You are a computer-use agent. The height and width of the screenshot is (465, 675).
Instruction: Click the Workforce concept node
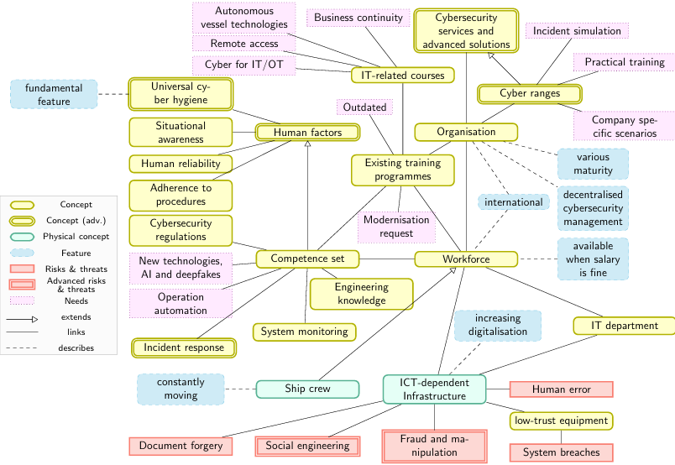(x=466, y=259)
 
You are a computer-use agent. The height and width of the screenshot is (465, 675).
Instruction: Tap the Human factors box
(x=307, y=132)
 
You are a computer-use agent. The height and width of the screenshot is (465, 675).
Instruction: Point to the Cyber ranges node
(x=530, y=93)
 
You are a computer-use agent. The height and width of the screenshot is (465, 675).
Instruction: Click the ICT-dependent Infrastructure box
(x=433, y=389)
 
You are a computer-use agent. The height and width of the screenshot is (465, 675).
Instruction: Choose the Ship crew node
(x=306, y=389)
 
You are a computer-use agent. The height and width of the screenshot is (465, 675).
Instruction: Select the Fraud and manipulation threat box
(x=434, y=446)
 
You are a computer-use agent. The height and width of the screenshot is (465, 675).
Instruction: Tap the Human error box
(x=561, y=389)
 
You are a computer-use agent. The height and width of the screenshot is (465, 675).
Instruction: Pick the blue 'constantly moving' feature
(x=181, y=389)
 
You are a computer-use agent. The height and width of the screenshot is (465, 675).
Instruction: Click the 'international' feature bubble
(x=513, y=202)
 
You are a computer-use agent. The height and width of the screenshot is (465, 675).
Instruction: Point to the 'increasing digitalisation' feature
(x=497, y=325)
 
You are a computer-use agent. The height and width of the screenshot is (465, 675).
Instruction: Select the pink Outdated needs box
(x=364, y=107)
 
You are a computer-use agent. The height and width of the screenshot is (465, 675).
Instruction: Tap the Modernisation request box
(x=396, y=227)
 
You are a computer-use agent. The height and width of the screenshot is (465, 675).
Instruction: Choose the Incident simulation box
(x=577, y=31)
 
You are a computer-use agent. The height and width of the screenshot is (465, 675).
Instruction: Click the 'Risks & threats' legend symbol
(x=22, y=269)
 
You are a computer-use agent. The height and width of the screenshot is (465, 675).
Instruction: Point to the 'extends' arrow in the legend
(x=22, y=318)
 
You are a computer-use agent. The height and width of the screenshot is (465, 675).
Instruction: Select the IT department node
(x=625, y=325)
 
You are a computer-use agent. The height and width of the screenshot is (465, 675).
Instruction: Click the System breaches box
(x=561, y=452)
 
